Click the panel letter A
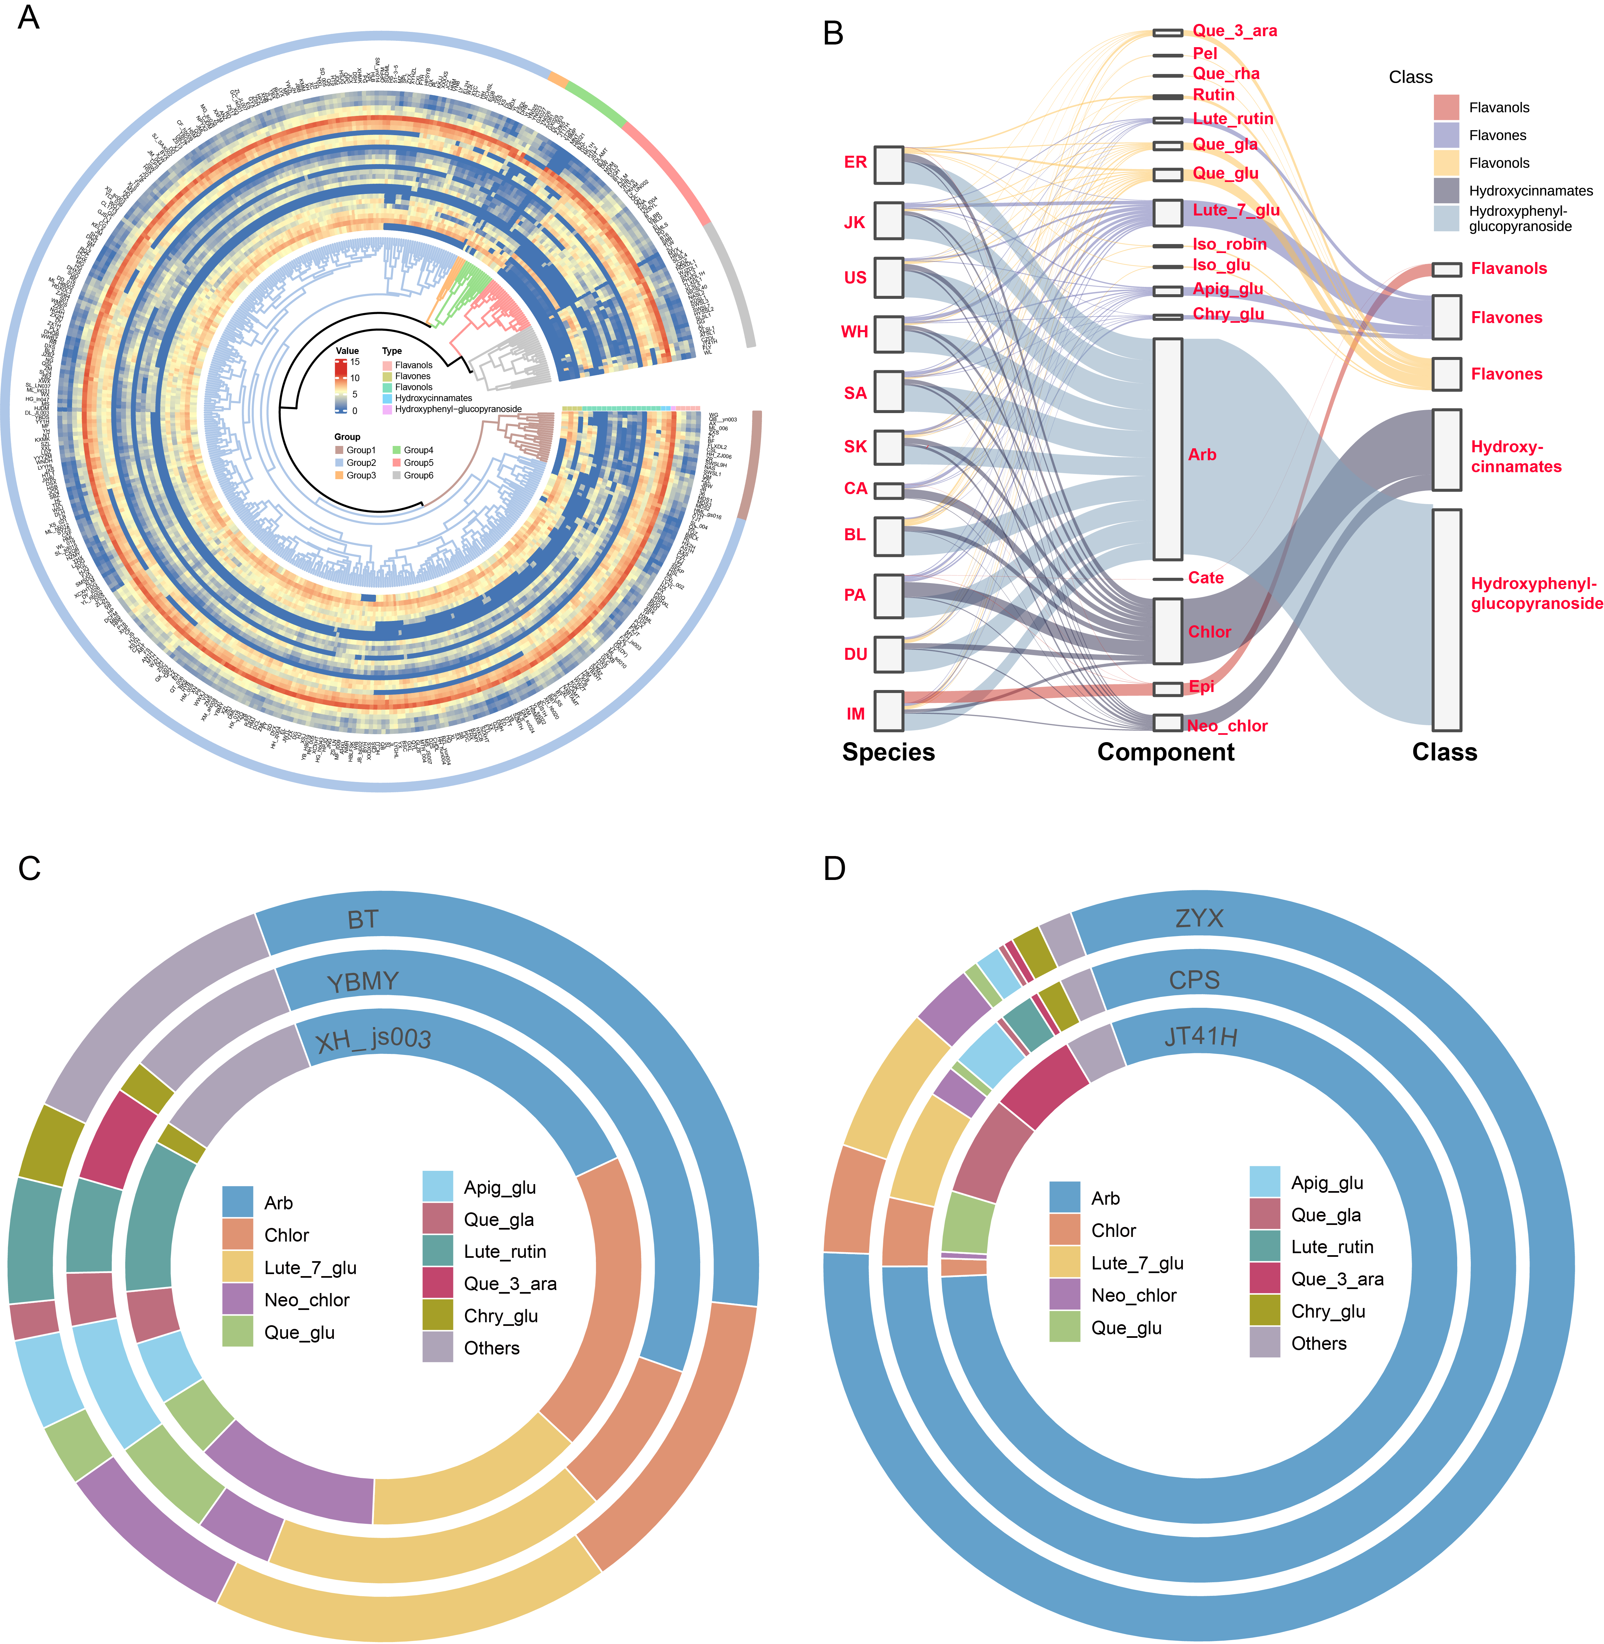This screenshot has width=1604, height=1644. pos(29,18)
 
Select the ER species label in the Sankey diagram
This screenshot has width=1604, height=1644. pos(855,163)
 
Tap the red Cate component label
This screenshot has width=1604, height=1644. pos(1205,578)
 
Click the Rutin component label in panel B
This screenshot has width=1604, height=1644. pos(1213,95)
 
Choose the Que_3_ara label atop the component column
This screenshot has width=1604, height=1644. pos(1234,31)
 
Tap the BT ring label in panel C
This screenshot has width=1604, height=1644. pos(363,920)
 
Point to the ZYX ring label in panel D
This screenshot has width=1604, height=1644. pos(1199,918)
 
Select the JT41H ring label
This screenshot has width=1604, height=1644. pos(1200,1037)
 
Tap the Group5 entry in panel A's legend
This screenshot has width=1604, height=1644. pos(418,462)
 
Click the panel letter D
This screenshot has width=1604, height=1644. pos(834,868)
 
